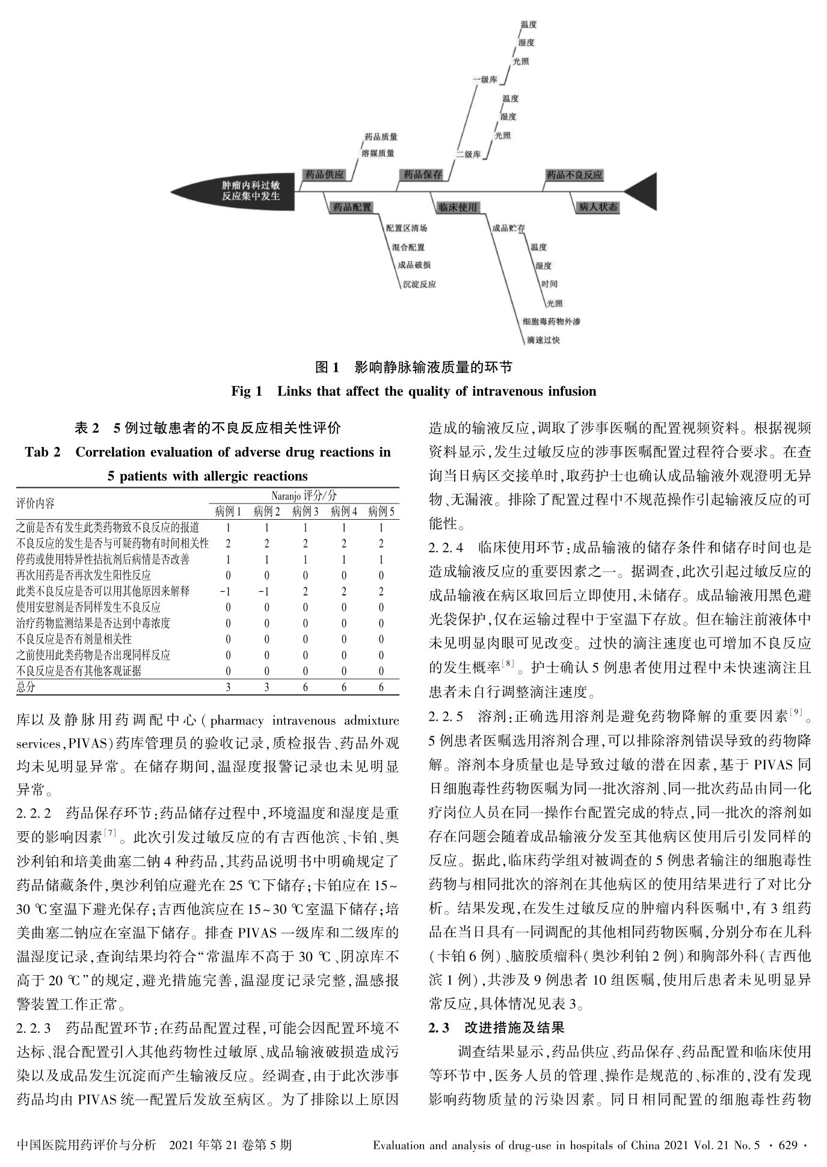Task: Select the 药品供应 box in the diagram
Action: pos(324,174)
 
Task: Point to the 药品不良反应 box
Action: pos(574,175)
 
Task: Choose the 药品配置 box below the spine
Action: pos(352,208)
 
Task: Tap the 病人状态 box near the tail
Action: pos(597,208)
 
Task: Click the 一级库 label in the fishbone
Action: pos(484,79)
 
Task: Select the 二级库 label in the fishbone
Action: pos(468,155)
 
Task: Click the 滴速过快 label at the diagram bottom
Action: pos(543,340)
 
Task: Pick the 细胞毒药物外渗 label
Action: pos(552,322)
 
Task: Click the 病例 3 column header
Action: pos(305,512)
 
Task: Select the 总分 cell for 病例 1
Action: pos(228,687)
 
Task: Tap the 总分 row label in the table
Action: pos(26,687)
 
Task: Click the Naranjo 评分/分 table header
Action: pos(304,496)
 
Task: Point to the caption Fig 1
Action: pos(247,392)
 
